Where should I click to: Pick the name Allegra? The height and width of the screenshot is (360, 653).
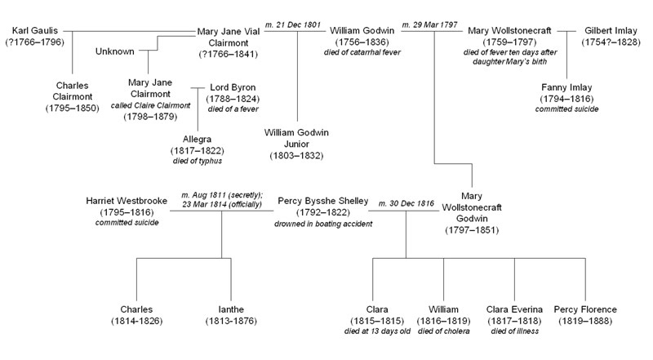click(x=197, y=138)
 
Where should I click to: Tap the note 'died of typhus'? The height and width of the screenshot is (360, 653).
click(x=197, y=161)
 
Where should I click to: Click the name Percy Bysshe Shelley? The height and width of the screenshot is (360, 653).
click(x=323, y=201)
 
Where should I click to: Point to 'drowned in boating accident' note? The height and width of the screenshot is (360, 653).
click(x=323, y=223)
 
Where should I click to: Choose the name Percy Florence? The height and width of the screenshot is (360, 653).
click(x=584, y=309)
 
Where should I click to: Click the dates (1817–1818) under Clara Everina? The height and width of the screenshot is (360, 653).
click(x=514, y=321)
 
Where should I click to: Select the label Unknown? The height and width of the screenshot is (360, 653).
click(x=115, y=51)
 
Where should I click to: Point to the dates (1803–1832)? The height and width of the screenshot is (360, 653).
click(x=297, y=155)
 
